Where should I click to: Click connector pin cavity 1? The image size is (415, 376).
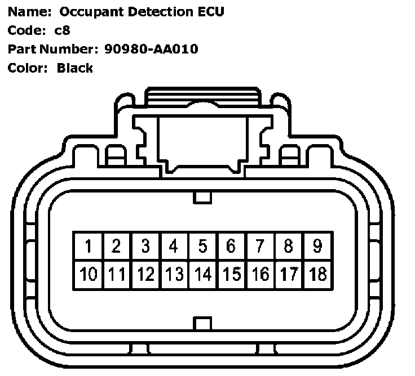(88, 247)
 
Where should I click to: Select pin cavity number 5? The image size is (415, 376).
(202, 247)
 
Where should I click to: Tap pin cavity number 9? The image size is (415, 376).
(317, 247)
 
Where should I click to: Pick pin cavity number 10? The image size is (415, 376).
(88, 275)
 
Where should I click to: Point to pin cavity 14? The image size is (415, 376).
(202, 275)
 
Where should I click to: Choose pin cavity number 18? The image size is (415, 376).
(317, 275)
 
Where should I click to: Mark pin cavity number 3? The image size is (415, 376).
(145, 247)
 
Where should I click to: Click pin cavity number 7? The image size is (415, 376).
(260, 247)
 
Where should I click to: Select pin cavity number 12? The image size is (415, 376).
(145, 275)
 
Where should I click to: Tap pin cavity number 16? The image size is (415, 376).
(260, 275)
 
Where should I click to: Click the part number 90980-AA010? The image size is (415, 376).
(151, 49)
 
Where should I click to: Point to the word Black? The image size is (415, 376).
(75, 68)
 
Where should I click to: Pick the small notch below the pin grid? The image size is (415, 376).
(202, 324)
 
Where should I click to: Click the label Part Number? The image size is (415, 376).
(54, 49)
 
